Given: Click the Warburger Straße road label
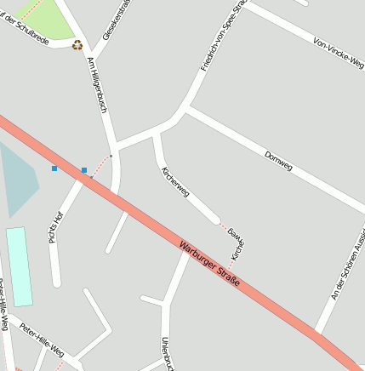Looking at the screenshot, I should click(209, 264).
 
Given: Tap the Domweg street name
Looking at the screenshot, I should click(278, 162).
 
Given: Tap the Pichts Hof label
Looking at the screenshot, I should click(56, 227).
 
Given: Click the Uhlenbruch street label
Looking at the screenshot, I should click(167, 352).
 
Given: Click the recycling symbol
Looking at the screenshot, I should click(77, 44).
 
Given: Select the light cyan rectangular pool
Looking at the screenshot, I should click(19, 265).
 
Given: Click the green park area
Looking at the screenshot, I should click(43, 19).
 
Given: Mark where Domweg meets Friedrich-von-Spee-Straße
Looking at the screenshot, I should click(186, 109).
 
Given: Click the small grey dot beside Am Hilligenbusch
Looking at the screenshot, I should click(111, 156).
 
